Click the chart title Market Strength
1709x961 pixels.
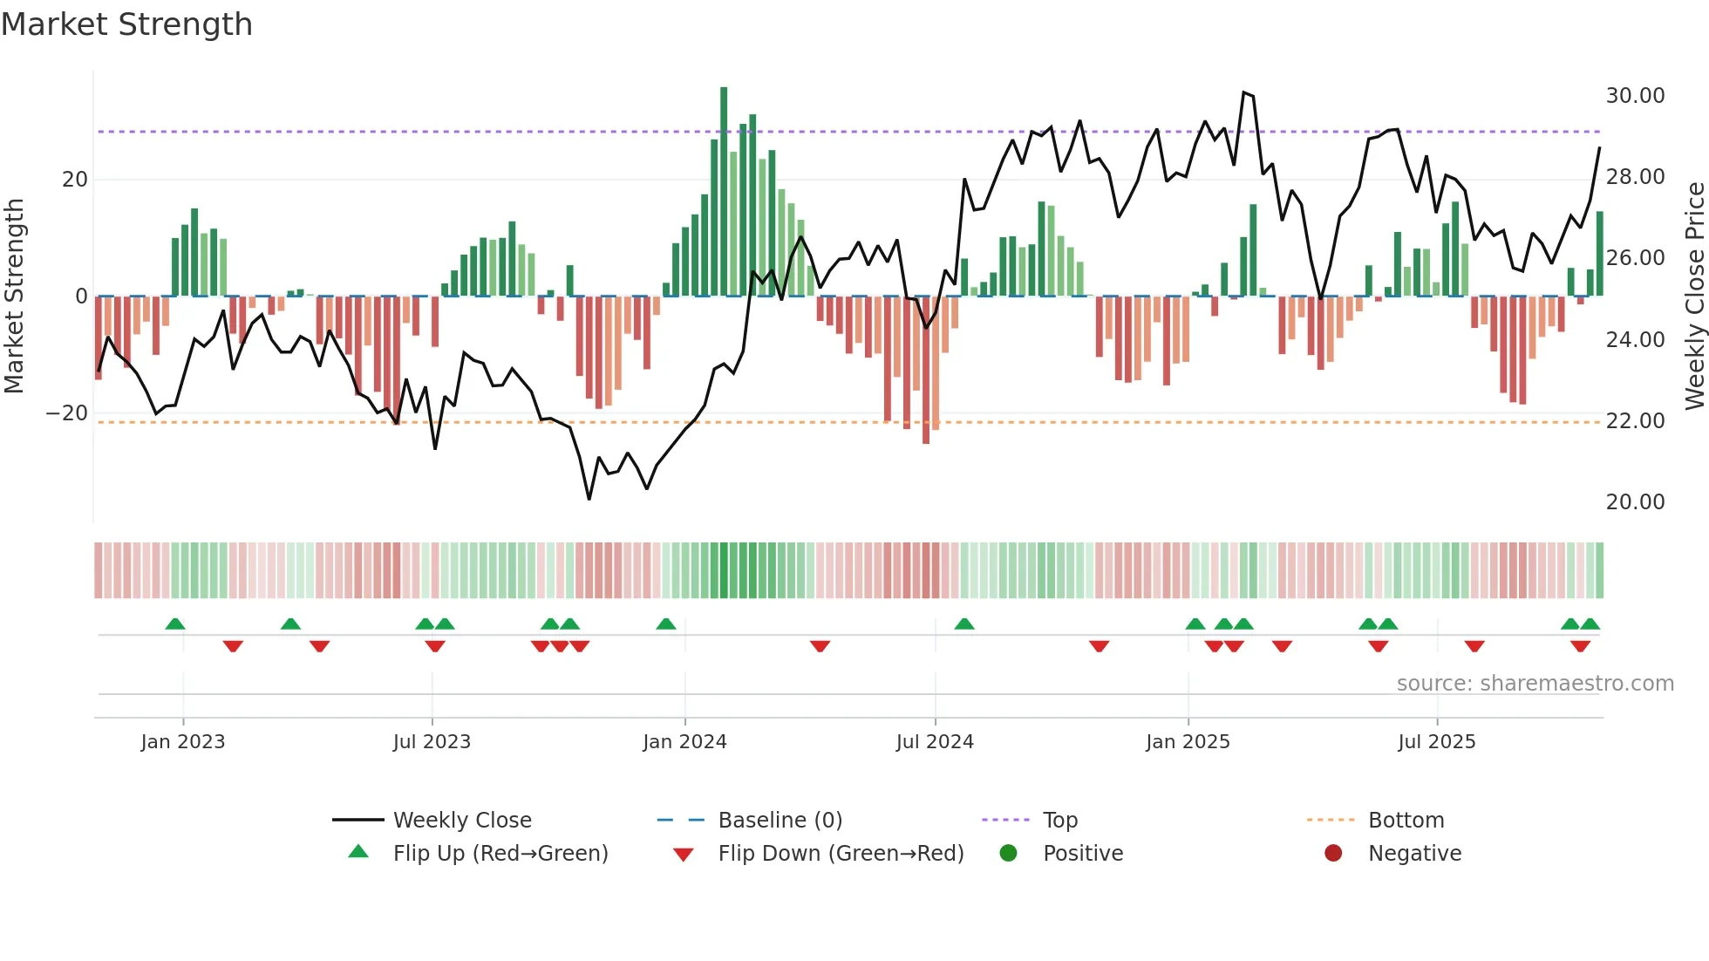[126, 24]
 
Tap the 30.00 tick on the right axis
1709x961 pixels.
[1635, 96]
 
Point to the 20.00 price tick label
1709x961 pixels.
[1635, 502]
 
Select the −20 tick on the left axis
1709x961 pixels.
[67, 413]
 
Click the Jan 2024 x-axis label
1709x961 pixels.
[684, 742]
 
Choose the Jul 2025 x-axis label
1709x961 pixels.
[1436, 742]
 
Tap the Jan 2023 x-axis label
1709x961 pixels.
[183, 742]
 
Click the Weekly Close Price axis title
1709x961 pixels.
[1694, 296]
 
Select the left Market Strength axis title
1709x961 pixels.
[14, 296]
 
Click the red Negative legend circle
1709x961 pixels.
[1333, 853]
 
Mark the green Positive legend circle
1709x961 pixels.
[1008, 853]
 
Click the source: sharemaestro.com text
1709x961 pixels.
[1535, 684]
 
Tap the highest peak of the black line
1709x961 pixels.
[1244, 92]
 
